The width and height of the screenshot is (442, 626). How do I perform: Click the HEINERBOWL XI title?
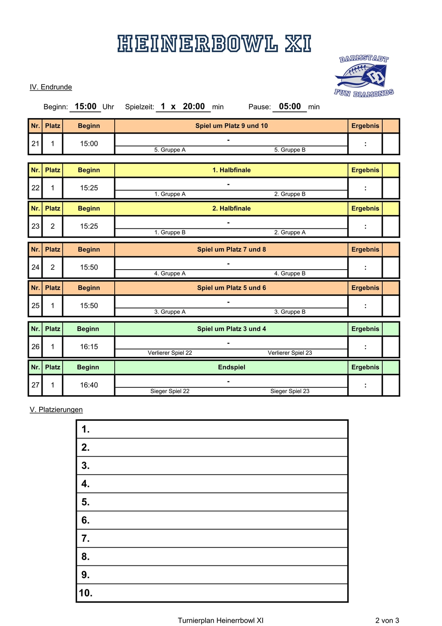coord(214,44)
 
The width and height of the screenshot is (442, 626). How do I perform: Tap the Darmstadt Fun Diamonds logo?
coord(364,76)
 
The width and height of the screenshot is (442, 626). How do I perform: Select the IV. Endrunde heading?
coord(51,87)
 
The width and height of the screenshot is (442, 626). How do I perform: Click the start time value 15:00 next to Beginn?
coord(85,106)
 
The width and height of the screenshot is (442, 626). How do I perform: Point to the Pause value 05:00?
coord(290,106)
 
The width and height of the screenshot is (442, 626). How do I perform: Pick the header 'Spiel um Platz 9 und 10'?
coord(231,126)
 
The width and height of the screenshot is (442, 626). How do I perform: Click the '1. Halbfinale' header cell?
coord(231,170)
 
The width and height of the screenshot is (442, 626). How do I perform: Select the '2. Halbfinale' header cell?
coord(231,209)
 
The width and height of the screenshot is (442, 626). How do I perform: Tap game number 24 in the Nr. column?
coord(35,268)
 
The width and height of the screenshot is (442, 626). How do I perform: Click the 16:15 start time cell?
coord(89,347)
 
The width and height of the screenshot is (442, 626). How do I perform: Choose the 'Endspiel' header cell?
coord(231,367)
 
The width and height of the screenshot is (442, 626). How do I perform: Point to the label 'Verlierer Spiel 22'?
coord(170,353)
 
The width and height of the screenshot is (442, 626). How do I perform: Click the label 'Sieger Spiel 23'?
coord(290,391)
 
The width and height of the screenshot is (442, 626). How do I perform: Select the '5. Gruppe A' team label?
coord(170,150)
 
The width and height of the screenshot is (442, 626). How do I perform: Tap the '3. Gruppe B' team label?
coord(290,312)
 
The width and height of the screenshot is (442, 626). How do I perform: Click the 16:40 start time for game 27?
coord(89,385)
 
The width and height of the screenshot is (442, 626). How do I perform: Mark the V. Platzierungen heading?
coord(56,410)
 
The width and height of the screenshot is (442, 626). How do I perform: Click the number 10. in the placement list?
coord(85,593)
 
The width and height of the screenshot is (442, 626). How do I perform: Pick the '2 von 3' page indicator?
coord(387,621)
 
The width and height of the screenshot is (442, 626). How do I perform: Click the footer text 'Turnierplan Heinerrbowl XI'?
coord(221,621)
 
